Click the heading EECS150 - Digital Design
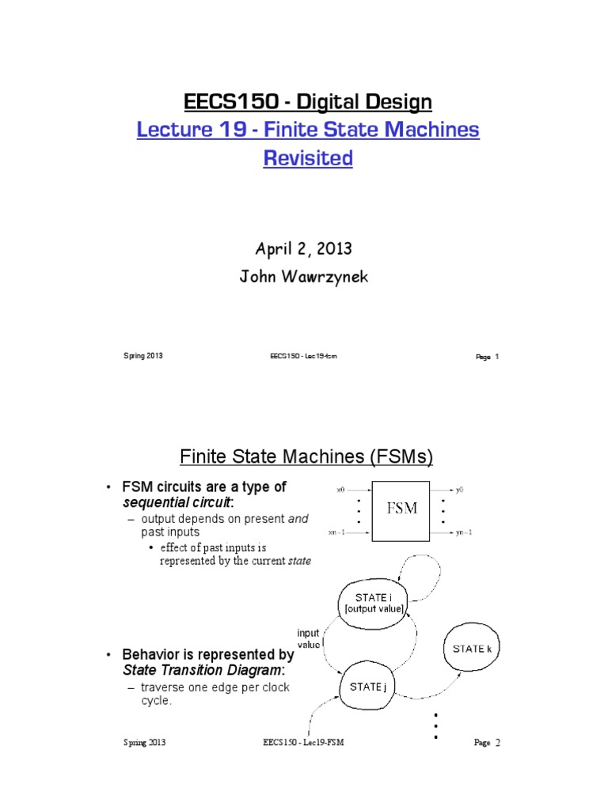point(308,101)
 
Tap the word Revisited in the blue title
point(308,158)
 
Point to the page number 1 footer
point(487,358)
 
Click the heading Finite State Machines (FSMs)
point(307,457)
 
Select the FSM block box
point(401,510)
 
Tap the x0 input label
point(340,490)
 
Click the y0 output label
point(460,490)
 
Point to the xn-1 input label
point(337,532)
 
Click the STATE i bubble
point(372,603)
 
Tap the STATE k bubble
point(472,649)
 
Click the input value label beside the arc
point(308,638)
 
